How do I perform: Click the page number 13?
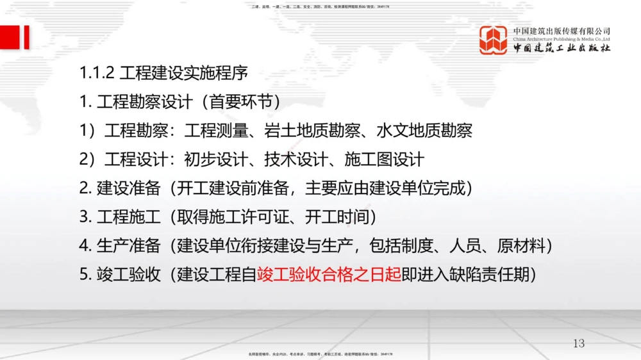579,344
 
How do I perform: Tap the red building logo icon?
493,39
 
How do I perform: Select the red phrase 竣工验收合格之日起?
329,274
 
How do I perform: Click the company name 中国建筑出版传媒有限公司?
562,30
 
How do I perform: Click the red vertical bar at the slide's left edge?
26,38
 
